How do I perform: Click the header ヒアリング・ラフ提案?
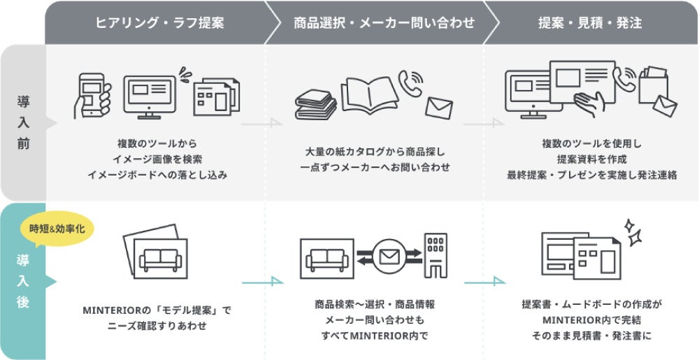click(x=159, y=23)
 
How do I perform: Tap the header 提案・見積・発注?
click(x=590, y=23)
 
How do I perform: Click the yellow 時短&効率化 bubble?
click(x=62, y=229)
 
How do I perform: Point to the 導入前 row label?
click(x=24, y=123)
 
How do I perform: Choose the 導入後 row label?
click(x=24, y=282)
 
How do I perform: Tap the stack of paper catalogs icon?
click(x=315, y=105)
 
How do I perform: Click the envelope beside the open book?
click(x=439, y=108)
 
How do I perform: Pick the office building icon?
click(x=435, y=255)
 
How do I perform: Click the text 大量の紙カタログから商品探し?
click(x=375, y=152)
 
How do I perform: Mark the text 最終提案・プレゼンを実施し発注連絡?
click(x=591, y=174)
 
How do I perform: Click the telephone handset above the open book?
click(x=411, y=81)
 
